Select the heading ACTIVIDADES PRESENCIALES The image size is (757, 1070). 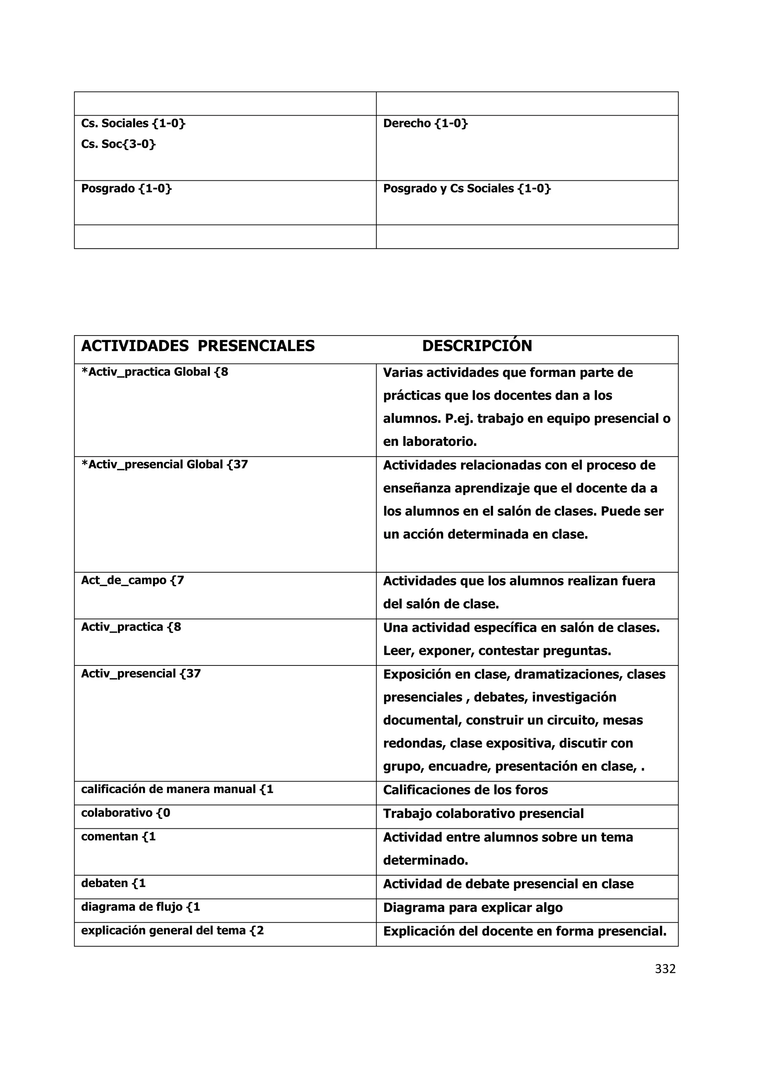pos(198,346)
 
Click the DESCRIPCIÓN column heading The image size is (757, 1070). pos(477,346)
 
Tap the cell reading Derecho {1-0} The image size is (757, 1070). pos(425,123)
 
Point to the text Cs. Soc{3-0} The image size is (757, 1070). pos(118,144)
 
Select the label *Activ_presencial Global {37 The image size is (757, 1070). pos(164,465)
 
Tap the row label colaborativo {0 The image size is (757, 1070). pos(125,813)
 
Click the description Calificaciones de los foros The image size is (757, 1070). pos(465,790)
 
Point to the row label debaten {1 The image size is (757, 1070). pos(113,883)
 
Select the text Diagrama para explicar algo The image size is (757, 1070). pos(473,907)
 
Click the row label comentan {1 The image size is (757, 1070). pos(118,836)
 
